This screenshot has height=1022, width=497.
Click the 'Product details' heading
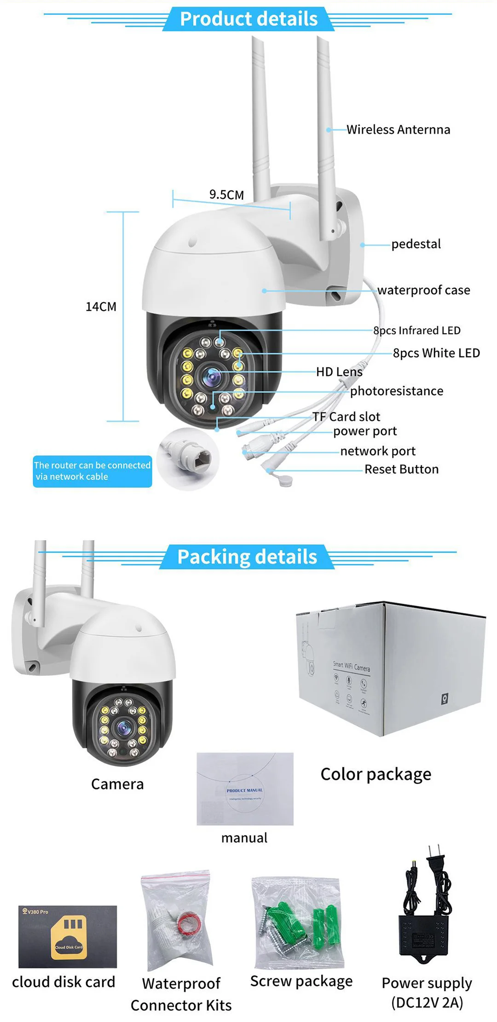click(248, 19)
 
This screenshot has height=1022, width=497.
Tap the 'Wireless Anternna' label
click(398, 130)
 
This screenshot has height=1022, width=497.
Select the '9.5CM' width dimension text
click(226, 195)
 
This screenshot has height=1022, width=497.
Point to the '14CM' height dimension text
click(101, 307)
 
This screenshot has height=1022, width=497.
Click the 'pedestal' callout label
click(416, 244)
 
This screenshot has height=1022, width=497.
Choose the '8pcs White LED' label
click(436, 353)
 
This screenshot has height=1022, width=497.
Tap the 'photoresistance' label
click(397, 391)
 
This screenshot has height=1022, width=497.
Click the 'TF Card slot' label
click(347, 417)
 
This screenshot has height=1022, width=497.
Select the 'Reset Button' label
click(401, 470)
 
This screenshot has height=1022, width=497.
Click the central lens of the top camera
click(212, 377)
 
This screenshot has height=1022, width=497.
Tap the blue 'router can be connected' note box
click(92, 471)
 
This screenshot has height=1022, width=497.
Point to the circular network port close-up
click(188, 459)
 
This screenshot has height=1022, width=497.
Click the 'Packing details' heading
click(247, 557)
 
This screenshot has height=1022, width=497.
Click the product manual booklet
click(245, 789)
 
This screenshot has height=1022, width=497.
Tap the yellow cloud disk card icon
click(69, 937)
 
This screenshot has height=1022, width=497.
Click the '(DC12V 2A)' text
click(427, 1002)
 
